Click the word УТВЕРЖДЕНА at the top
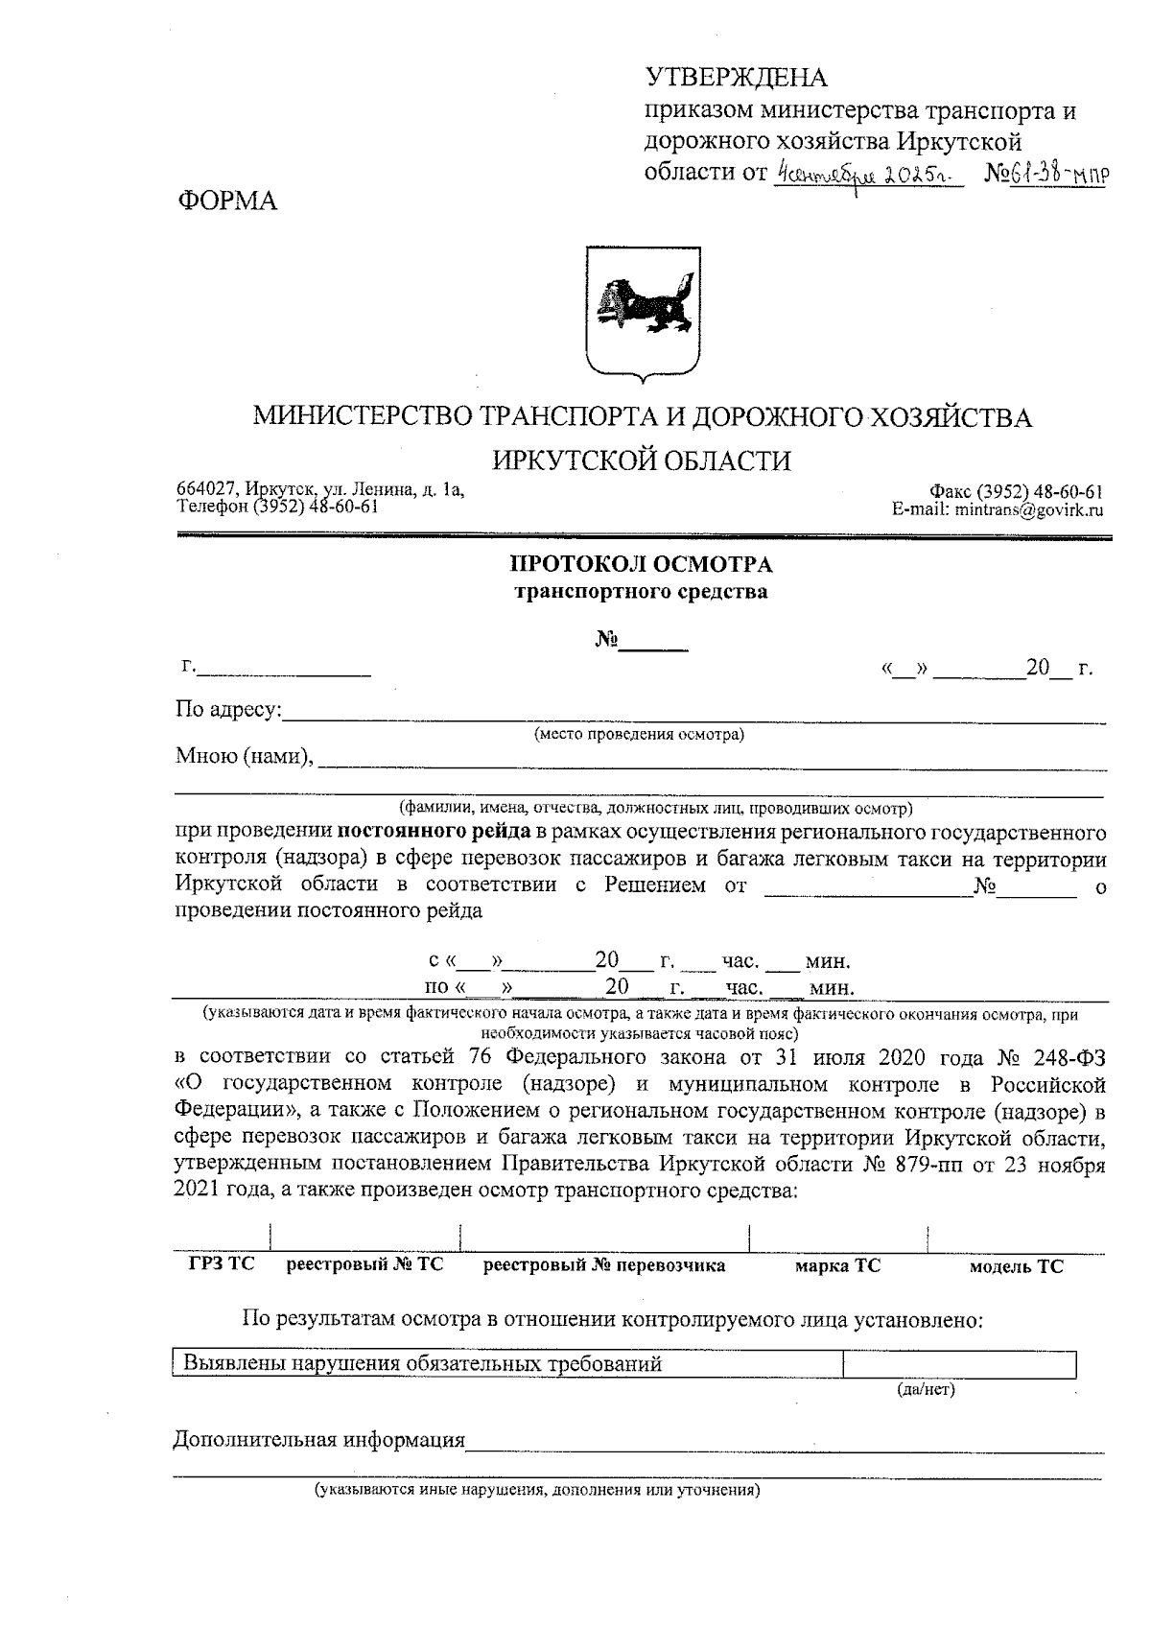(736, 78)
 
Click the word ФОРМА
(227, 201)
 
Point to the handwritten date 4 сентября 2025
(868, 176)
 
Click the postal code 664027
(204, 490)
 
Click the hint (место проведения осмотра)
(639, 735)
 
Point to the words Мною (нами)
(245, 756)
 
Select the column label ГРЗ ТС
(222, 1265)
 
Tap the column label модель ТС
(1016, 1266)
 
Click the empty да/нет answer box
(958, 1363)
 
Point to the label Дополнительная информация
(318, 1440)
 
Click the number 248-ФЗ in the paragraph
(1069, 1058)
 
